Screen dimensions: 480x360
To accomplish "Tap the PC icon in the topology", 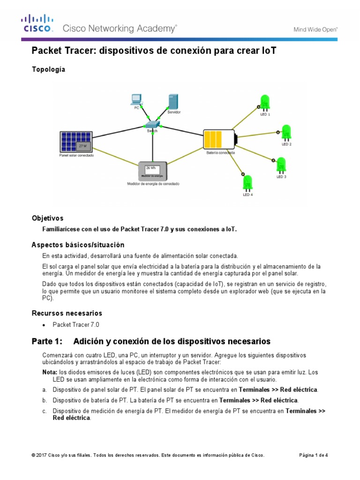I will coord(137,100).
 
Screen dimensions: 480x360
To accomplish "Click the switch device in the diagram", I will coord(152,124).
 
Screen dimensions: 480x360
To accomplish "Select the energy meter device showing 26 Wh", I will coord(153,171).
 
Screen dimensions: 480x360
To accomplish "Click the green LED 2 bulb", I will coord(286,133).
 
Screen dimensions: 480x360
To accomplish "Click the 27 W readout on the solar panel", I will coord(82,146).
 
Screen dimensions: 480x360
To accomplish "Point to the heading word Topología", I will coord(48,69).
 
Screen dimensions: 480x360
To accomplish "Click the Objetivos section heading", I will coord(47,218).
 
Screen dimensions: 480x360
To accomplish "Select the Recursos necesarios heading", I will coord(67,313).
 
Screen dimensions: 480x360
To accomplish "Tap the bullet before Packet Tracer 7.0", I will coord(44,325).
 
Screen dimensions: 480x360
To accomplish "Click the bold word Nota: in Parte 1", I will coord(50,372).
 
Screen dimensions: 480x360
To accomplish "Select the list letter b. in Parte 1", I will coord(45,400).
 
